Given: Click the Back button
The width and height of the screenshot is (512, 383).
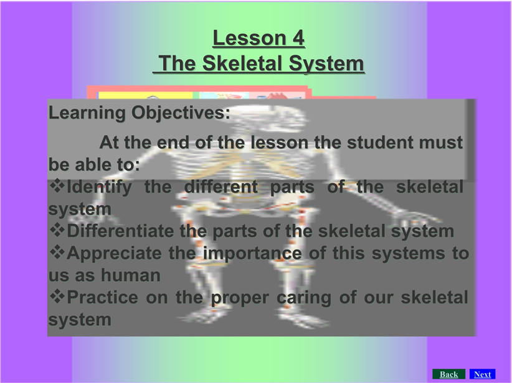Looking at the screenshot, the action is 448,374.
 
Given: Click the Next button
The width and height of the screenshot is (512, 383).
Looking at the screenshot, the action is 482,374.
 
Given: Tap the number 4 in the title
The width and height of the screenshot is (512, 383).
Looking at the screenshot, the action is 298,38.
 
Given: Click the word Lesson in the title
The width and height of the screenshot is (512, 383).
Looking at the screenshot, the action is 250,38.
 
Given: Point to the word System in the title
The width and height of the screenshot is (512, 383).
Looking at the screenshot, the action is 326,63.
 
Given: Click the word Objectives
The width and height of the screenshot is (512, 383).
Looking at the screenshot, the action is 181,113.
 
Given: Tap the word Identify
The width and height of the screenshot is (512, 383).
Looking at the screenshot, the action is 99,187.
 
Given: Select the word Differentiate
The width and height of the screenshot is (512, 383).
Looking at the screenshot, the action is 120,231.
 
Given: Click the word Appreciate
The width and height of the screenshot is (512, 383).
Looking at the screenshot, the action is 114,254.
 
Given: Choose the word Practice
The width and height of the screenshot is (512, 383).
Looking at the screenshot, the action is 102,297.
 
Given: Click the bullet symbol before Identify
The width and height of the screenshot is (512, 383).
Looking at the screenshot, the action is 57,186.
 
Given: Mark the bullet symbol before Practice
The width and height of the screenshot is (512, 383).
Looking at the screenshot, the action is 57,296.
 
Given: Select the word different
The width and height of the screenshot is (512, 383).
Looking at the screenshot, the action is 221,187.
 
